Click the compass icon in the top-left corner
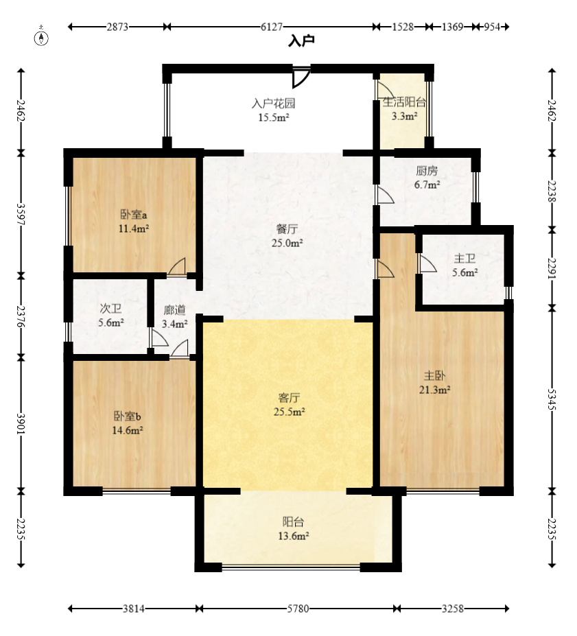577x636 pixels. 41,38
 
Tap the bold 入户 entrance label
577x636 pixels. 301,41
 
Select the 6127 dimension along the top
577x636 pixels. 271,27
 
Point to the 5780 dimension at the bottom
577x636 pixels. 298,609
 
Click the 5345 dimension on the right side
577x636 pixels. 552,399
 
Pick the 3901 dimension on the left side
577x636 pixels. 21,424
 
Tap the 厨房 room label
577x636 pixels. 427,171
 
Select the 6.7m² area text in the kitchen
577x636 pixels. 427,185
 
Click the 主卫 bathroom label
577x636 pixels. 464,259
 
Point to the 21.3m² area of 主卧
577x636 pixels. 435,390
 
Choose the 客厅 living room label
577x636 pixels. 289,397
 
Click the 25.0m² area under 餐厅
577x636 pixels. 287,243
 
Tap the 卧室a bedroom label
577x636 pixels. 134,214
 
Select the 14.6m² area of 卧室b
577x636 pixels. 128,430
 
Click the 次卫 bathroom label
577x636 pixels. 110,309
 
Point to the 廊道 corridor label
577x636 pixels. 175,310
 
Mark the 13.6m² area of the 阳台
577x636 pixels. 294,536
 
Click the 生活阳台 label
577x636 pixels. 404,102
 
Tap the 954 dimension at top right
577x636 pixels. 492,27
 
